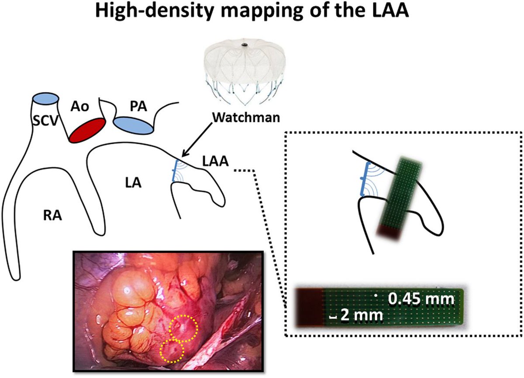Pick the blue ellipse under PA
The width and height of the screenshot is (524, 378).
[134, 125]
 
